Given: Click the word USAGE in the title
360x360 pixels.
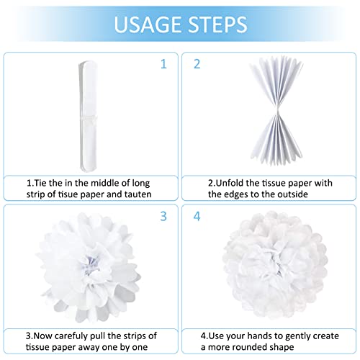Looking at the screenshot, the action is [x=148, y=24].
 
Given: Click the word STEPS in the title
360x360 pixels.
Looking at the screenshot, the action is [x=217, y=24].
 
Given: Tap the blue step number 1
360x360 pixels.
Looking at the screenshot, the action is [x=163, y=64].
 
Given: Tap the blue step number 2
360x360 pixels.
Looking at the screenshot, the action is [x=197, y=64].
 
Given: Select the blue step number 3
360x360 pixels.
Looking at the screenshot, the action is [x=163, y=216].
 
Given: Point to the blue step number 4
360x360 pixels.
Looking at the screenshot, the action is [x=197, y=216].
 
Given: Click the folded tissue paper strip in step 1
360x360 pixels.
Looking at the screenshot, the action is [x=88, y=116].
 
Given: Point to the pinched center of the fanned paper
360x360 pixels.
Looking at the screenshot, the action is [x=278, y=111].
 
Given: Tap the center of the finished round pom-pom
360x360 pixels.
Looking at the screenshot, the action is [x=276, y=264].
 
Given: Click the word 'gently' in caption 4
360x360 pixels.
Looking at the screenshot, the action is [x=299, y=336].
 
